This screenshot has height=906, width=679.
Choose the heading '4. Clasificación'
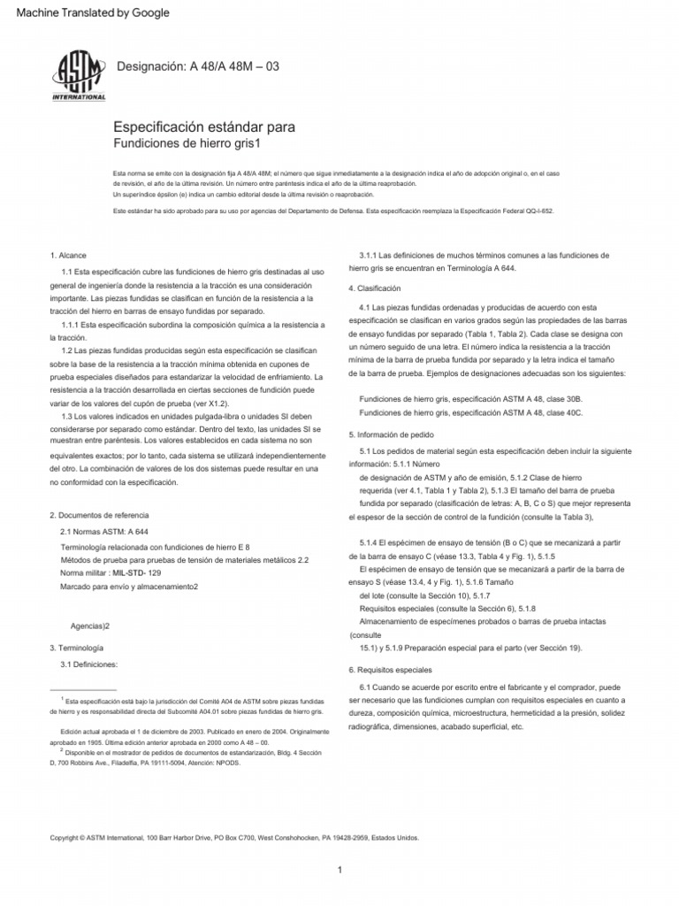[375, 288]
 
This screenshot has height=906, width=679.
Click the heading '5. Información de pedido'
[392, 434]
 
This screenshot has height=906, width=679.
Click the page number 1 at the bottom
[339, 871]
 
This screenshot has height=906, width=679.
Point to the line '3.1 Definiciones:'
[88, 664]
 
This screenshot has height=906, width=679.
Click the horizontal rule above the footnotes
[84, 689]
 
